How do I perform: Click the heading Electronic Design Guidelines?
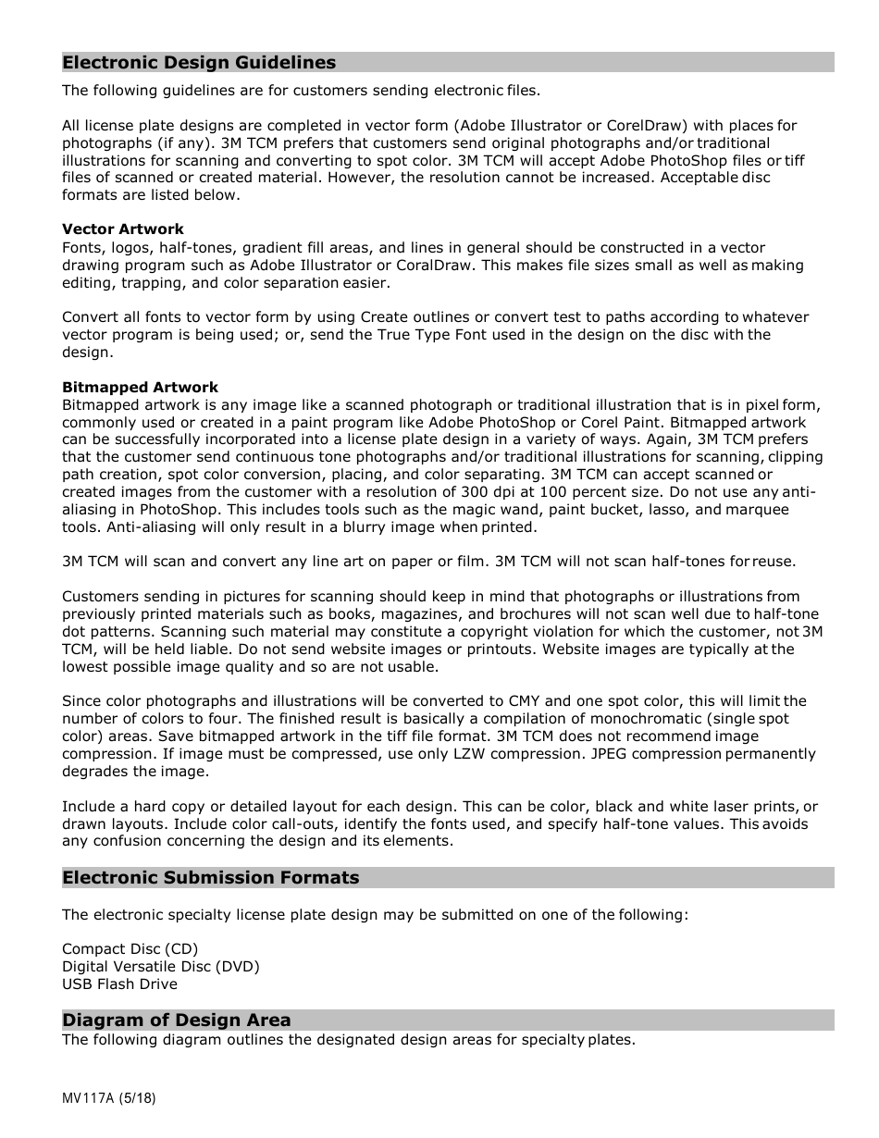(199, 63)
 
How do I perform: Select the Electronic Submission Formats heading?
(210, 878)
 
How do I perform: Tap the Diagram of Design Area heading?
(176, 1020)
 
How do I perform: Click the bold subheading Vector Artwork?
(122, 229)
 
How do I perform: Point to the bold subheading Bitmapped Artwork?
(140, 388)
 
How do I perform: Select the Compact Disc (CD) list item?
(130, 949)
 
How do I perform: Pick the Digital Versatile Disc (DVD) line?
(160, 967)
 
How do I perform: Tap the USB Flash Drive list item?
(119, 984)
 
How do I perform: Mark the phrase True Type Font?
(431, 335)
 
